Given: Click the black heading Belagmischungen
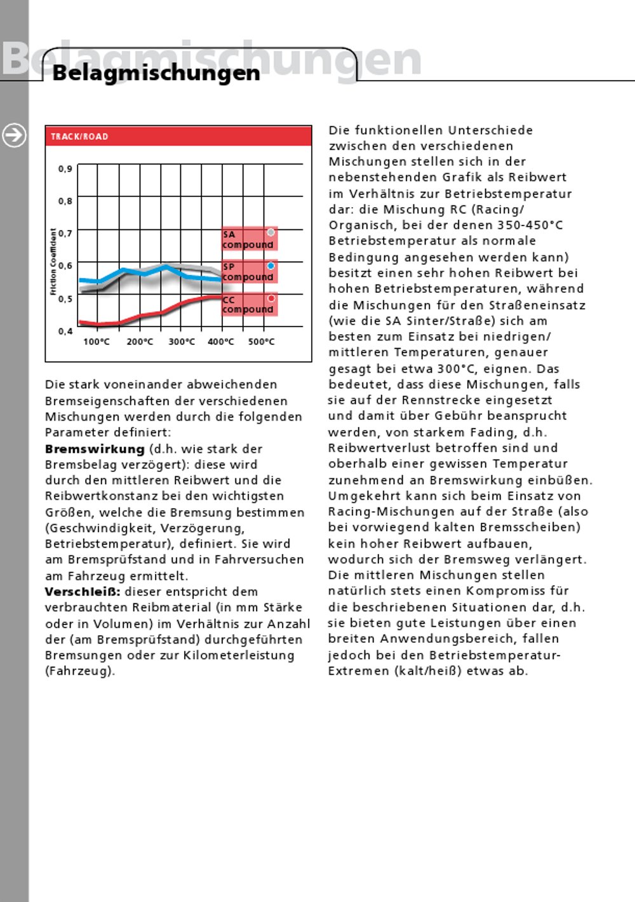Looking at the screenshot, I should pos(156,73).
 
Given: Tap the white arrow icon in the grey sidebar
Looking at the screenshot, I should pos(14,135).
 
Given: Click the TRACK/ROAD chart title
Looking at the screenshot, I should pos(79,137).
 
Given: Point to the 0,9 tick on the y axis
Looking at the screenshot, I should pos(65,169).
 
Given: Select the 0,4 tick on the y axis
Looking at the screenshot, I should pos(65,331).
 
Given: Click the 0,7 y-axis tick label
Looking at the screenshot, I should pos(65,234).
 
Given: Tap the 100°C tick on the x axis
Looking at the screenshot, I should pos(97,342).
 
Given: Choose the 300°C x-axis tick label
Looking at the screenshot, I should pos(182,342).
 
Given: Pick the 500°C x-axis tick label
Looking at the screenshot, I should pos(262,342).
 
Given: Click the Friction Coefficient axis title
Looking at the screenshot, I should pos(53,262).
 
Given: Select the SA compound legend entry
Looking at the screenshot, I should pos(248,239).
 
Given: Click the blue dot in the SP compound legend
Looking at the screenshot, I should pos(271,266).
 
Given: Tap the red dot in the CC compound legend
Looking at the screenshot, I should pos(271,299).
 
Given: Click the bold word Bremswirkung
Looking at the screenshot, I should pos(95,449).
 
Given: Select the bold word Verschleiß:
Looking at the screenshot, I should pos(83,592).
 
